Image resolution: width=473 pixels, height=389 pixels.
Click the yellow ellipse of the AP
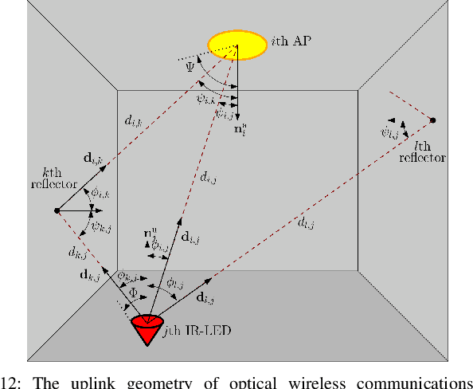pos(237,45)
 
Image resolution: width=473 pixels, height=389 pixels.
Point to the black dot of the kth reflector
pos(57,210)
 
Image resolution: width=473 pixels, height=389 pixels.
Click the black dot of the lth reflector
pos(433,120)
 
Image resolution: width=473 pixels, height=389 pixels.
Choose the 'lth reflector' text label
pos(421,152)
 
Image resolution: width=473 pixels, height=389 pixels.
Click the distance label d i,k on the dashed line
pos(133,121)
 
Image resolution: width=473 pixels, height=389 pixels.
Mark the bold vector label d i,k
pos(92,159)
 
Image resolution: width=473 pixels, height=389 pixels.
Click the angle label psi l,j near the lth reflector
pos(390,132)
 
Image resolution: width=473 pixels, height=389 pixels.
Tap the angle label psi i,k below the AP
pos(205,98)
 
